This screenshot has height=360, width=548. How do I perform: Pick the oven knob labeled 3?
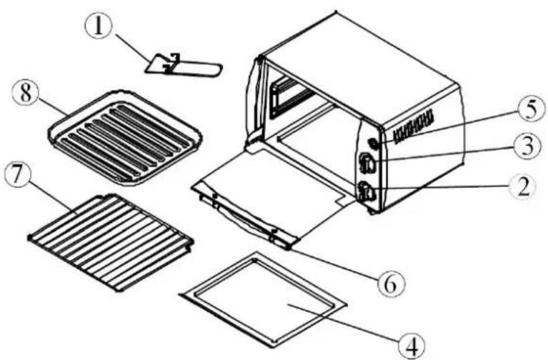coord(368,164)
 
